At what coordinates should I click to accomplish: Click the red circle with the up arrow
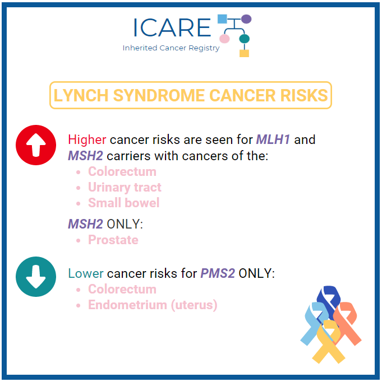(36, 145)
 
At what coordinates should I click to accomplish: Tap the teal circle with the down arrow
(36, 277)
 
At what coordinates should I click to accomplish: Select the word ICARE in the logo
(172, 27)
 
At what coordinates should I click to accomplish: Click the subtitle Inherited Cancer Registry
(171, 48)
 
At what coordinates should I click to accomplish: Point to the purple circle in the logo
(246, 19)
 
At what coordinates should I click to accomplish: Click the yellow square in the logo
(244, 53)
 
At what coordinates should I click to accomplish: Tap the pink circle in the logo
(224, 39)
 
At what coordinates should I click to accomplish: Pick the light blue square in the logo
(222, 19)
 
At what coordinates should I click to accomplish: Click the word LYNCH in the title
(81, 95)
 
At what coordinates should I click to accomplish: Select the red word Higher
(87, 139)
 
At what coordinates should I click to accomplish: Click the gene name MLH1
(273, 139)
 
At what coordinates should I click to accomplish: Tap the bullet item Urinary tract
(125, 187)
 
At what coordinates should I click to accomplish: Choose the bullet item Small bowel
(123, 203)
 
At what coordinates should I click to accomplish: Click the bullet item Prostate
(113, 240)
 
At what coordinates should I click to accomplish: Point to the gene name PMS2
(218, 273)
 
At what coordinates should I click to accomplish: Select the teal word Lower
(86, 273)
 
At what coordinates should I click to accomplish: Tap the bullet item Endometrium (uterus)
(153, 305)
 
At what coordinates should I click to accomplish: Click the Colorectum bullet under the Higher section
(122, 171)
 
